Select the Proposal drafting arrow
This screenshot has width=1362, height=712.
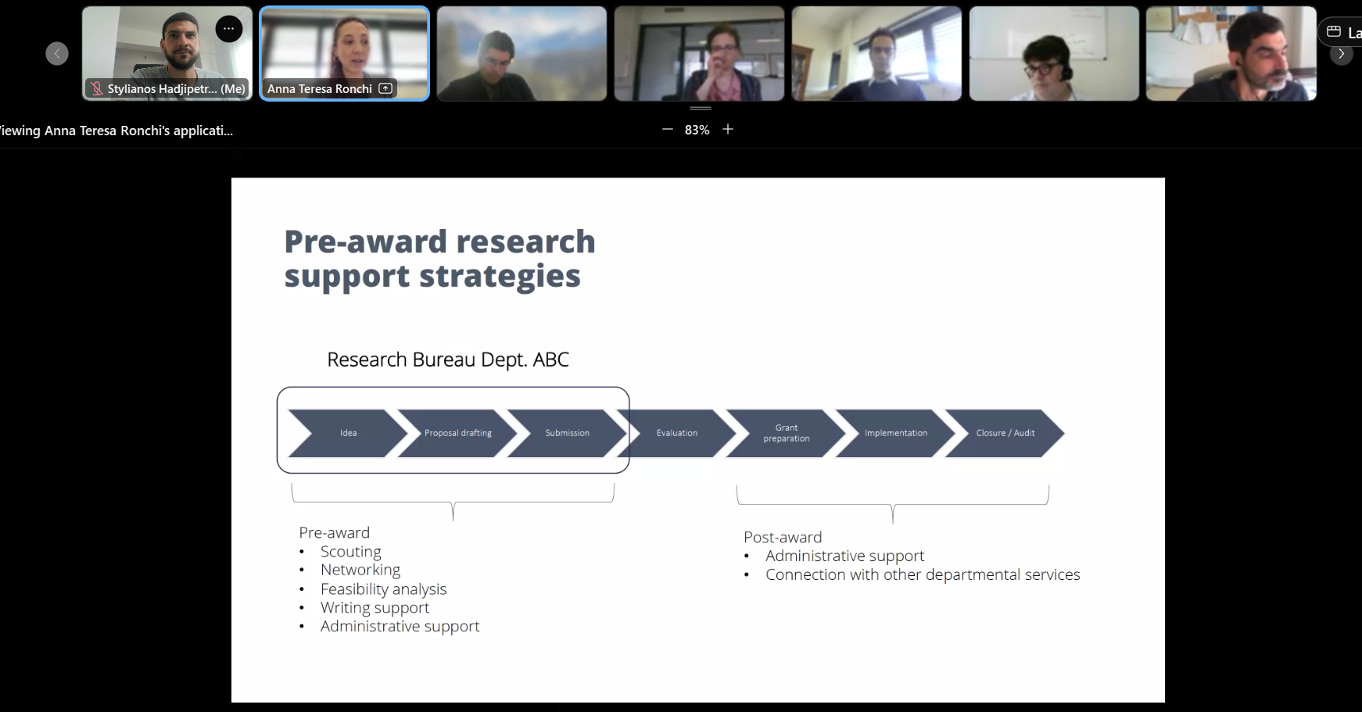point(458,433)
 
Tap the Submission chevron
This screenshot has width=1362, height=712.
point(568,433)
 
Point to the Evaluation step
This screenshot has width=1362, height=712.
point(677,433)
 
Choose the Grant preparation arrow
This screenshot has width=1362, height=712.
point(787,433)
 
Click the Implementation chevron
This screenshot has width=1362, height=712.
point(896,433)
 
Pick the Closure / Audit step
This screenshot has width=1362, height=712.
point(1005,433)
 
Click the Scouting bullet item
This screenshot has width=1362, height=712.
point(351,552)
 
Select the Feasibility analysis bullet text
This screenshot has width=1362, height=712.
point(383,589)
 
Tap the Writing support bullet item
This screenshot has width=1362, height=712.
point(375,608)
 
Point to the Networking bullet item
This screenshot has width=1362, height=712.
point(360,571)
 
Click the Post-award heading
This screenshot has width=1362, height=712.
point(783,537)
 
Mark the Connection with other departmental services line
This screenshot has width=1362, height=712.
point(923,574)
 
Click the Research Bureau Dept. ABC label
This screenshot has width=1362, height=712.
point(448,360)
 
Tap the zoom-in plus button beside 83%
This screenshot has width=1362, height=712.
point(728,129)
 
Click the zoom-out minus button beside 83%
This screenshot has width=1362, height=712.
point(668,129)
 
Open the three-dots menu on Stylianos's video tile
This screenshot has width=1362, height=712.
point(228,29)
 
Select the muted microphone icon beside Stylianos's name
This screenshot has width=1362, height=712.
point(97,89)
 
